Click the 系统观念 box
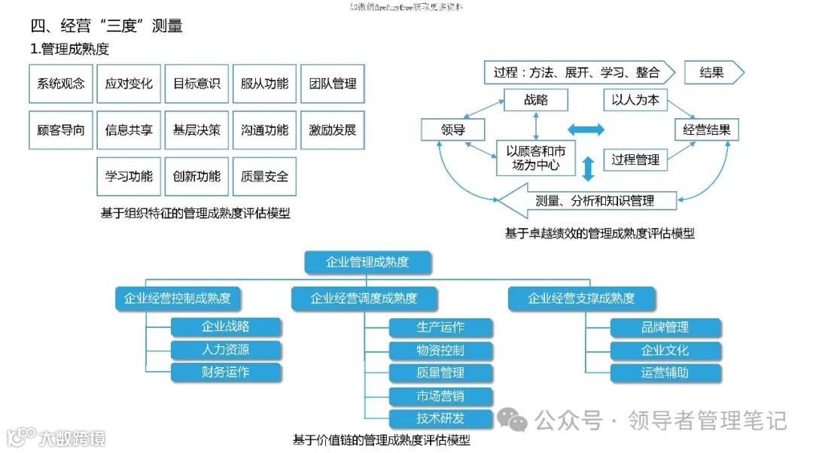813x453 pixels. pos(61,84)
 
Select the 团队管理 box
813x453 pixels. pos(332,84)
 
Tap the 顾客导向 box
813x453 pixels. pos(61,130)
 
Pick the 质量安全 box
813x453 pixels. pos(264,177)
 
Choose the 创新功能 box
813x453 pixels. pos(196,177)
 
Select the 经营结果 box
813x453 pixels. pos(706,130)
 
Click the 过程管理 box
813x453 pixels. pos(635,160)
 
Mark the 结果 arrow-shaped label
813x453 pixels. pos(713,73)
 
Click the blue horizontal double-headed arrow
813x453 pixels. pos(586,130)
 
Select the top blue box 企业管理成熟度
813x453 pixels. pos(367,262)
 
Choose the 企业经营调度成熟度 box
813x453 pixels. pos(364,298)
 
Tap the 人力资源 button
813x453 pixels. pos(226,350)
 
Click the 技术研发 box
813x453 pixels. pos(441,418)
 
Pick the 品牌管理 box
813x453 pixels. pos(665,327)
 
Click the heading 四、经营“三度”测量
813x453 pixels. pos(106,26)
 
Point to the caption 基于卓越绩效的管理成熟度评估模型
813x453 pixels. pos(599,233)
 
